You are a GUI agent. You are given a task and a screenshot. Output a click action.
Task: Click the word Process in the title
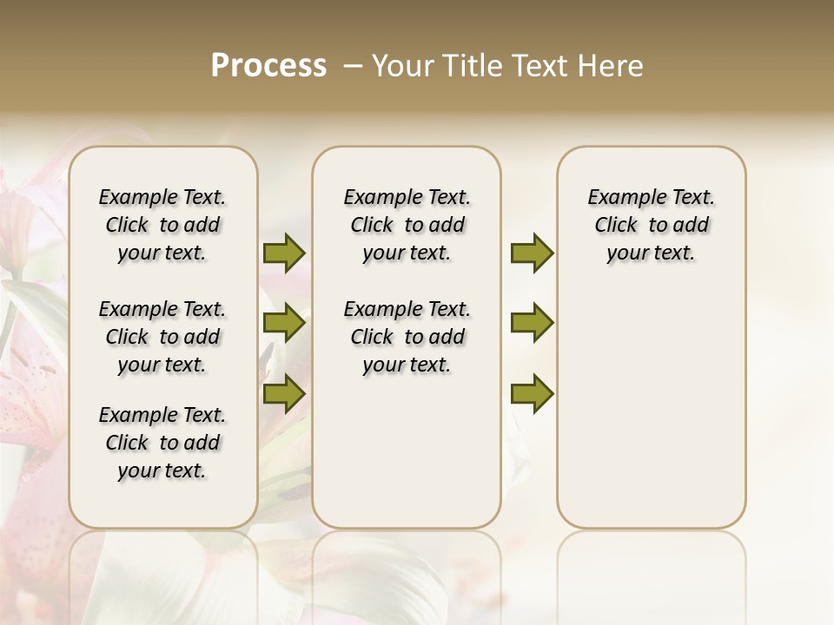pos(268,66)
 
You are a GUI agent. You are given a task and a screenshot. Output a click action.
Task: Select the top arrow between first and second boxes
pos(284,253)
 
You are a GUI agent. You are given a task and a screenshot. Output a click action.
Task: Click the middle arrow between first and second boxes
pos(284,323)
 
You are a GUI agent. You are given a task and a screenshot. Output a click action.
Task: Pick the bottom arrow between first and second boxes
pos(284,393)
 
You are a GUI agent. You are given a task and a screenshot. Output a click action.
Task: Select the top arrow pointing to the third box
pos(532,253)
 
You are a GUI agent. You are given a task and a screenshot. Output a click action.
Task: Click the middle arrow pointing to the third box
pos(532,323)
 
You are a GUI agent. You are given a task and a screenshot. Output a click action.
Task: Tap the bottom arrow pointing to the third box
pos(532,393)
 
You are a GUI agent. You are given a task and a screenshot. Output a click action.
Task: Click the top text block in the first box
pos(162,225)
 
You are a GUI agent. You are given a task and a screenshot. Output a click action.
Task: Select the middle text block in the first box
pos(162,337)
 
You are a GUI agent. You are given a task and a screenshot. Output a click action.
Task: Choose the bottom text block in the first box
pos(162,443)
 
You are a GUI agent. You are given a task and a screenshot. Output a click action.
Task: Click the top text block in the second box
pos(407,225)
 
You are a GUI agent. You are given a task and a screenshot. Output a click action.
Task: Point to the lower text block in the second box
pos(407,337)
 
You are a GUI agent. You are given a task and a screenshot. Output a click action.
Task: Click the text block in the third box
pos(652,225)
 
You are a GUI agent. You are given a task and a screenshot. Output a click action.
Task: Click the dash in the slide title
pos(353,66)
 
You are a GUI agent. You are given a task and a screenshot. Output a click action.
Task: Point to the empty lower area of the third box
pos(652,408)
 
